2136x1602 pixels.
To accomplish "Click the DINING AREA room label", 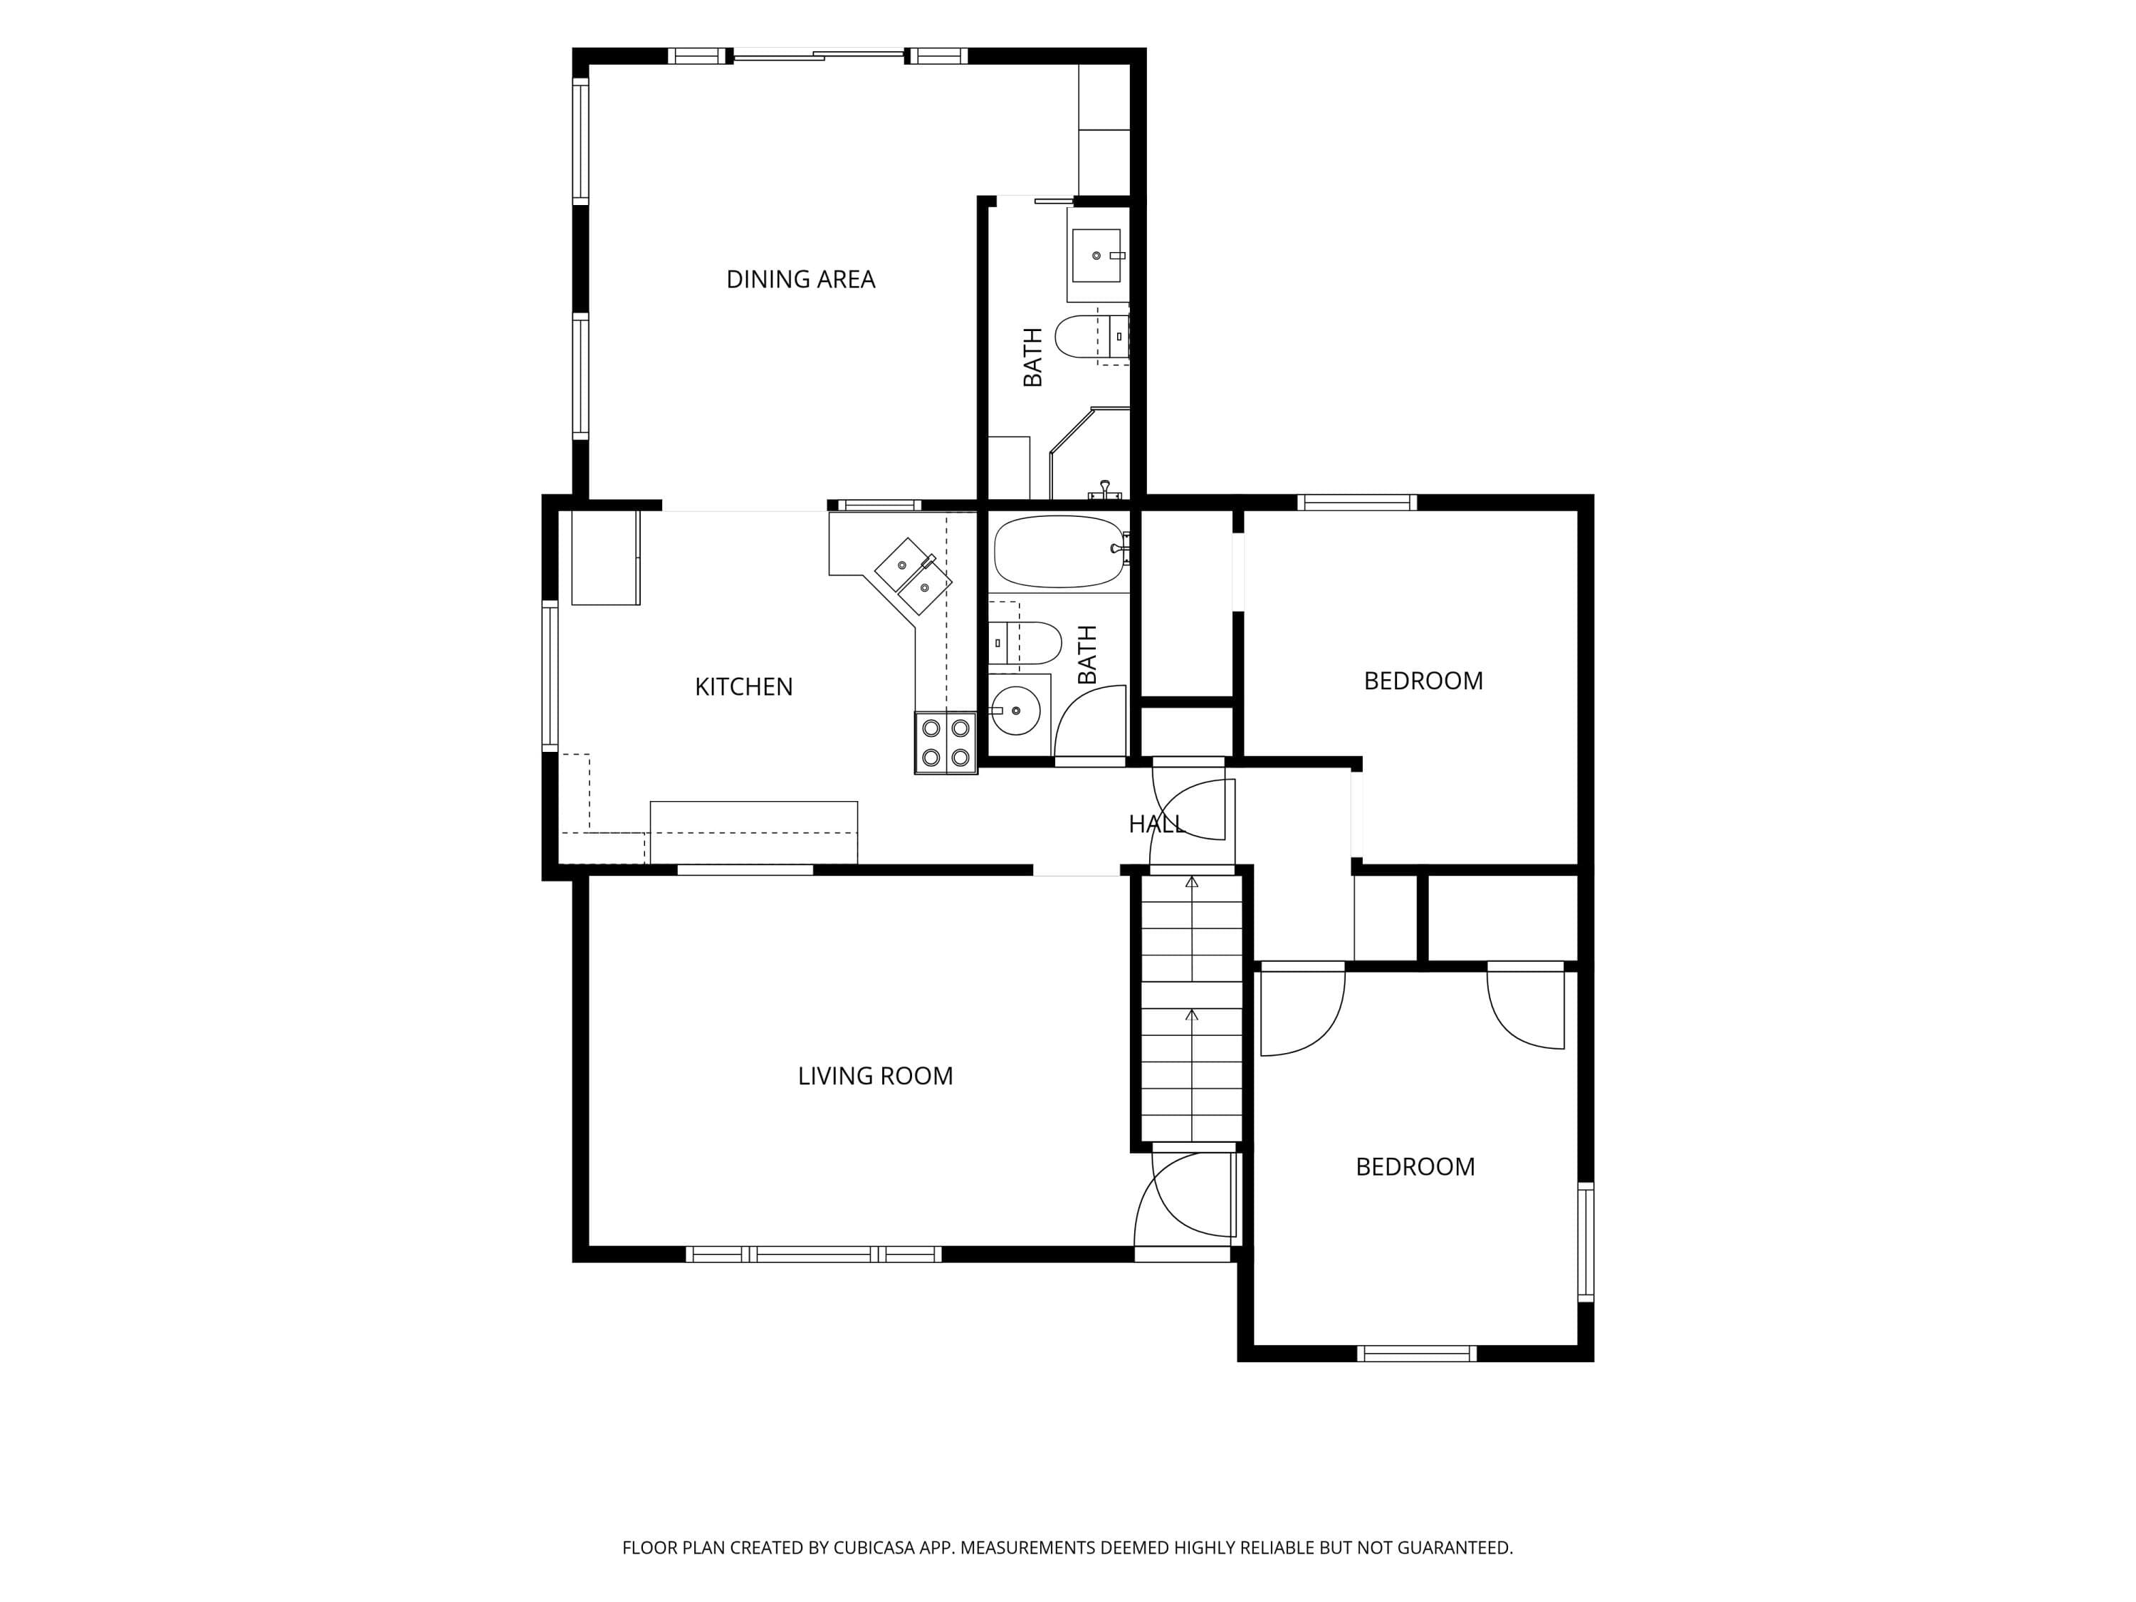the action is (800, 280).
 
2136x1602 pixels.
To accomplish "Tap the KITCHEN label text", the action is (743, 686).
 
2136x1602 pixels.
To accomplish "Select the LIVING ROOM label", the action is (875, 1076).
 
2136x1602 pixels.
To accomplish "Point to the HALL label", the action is (1156, 824).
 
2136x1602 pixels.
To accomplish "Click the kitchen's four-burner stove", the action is (946, 743).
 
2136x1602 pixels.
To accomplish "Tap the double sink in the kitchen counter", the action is (913, 577).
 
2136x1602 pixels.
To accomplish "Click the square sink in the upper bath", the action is (1097, 255).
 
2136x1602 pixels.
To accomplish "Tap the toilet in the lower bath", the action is (1025, 643).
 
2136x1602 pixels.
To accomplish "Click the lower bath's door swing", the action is (1090, 721).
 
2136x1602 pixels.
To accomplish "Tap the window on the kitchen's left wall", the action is (550, 676).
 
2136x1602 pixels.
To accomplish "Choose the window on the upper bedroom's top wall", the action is (1357, 502).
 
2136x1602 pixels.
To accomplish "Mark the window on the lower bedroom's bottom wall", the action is (1418, 1354).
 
